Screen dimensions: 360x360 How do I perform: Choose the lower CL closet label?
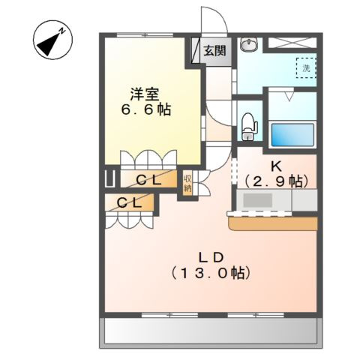coord(130,202)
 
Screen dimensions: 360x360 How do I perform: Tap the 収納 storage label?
coord(187,184)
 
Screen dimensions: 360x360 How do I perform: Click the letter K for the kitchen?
coord(275,166)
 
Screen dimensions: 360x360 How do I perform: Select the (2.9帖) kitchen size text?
coord(276,181)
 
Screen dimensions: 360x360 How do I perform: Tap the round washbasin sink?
coord(248,46)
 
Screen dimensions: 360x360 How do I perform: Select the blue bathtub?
coord(291,134)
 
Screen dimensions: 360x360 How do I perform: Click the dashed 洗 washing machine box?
coord(305,68)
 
